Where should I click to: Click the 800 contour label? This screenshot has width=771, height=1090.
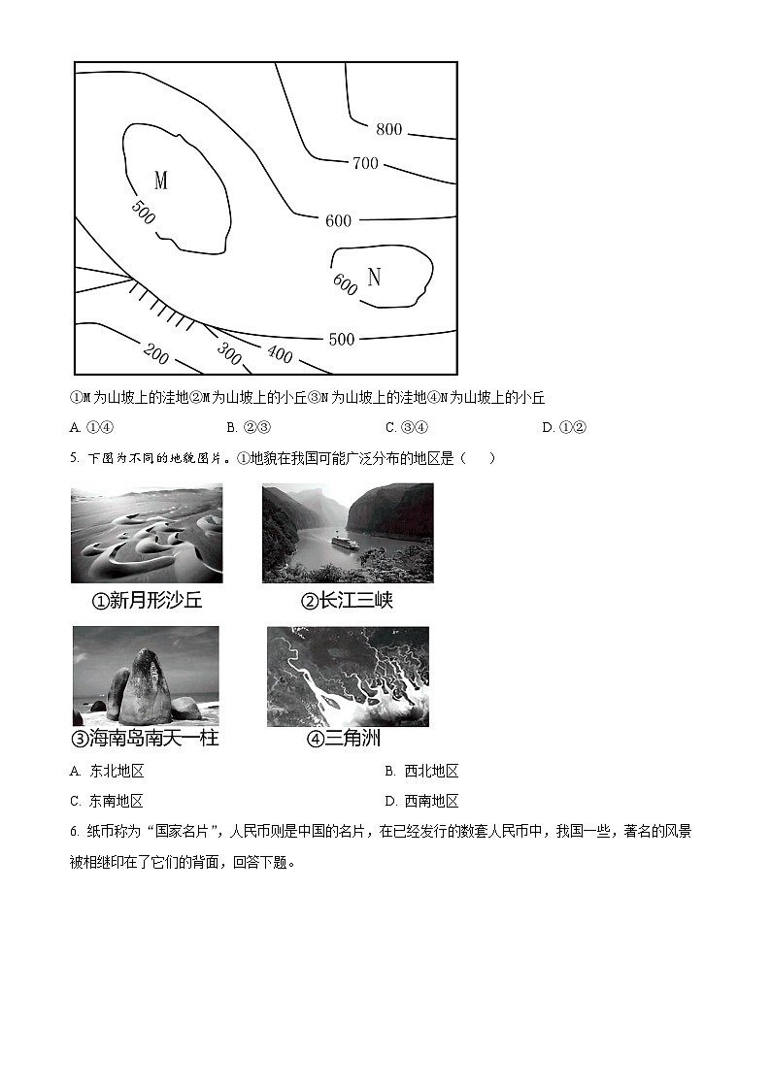pos(388,129)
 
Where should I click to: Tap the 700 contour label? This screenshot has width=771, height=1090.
pos(365,163)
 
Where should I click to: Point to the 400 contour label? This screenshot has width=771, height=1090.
pos(279,354)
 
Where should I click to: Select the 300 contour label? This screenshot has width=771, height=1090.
pos(228,354)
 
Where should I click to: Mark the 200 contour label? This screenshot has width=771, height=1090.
pos(155,354)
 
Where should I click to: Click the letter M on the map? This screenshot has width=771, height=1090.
pos(161,181)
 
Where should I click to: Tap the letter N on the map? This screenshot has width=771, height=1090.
pos(374,278)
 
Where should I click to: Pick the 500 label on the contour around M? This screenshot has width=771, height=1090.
pos(142,212)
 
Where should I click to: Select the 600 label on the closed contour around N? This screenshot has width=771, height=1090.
pos(345,283)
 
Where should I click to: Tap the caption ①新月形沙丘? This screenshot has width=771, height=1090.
pos(147,601)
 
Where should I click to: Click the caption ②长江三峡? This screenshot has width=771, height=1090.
pos(347,601)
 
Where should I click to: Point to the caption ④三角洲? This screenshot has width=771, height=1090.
pos(343,739)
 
